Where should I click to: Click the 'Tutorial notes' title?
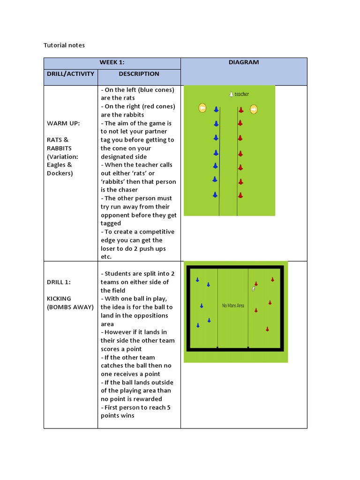(x=64, y=45)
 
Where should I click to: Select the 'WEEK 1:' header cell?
(x=112, y=62)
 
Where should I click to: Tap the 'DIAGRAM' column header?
(x=244, y=62)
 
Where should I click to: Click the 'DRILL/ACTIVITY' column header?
(x=70, y=74)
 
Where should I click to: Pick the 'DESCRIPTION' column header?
(x=139, y=74)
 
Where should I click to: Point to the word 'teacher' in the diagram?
(x=242, y=94)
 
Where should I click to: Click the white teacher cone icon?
(x=231, y=94)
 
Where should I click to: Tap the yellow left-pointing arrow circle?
(x=202, y=108)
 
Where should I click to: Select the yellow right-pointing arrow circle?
(x=254, y=109)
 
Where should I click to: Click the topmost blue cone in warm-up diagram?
(x=216, y=110)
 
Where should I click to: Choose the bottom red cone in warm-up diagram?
(x=240, y=195)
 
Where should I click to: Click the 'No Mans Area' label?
(x=233, y=306)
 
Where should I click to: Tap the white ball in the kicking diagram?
(x=254, y=289)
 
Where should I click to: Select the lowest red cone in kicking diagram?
(x=267, y=329)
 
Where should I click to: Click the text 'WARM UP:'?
(x=63, y=123)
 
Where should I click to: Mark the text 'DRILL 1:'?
(x=59, y=282)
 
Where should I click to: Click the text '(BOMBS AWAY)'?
(x=70, y=307)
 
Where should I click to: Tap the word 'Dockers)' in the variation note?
(x=60, y=173)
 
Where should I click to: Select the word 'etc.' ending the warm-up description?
(x=106, y=257)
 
